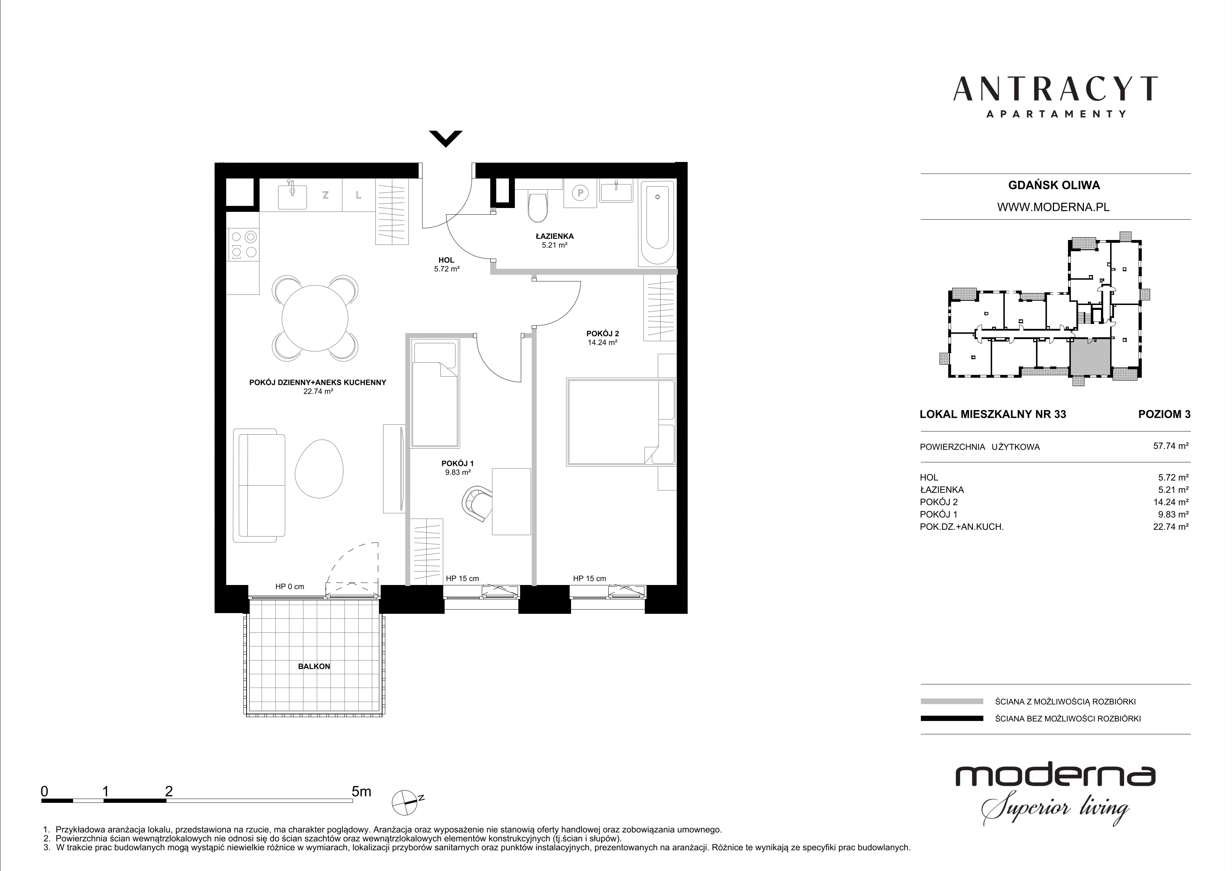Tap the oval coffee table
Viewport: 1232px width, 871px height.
coord(319,468)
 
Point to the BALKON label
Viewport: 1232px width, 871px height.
coord(314,667)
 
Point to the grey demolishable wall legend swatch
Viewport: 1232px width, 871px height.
coord(952,701)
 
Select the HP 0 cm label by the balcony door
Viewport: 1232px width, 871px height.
coord(290,586)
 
